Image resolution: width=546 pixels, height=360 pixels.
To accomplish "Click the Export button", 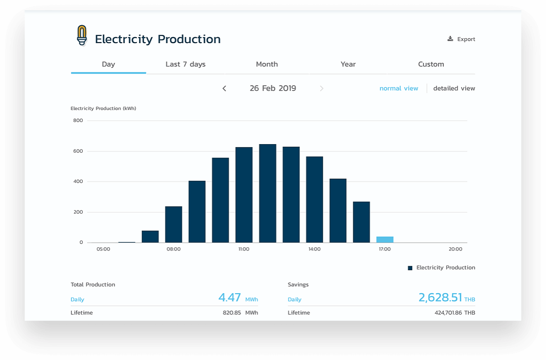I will [461, 39].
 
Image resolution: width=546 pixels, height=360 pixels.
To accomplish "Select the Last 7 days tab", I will [185, 64].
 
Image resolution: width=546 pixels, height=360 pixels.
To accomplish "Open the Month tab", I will [267, 64].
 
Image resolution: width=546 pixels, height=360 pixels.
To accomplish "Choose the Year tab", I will [348, 64].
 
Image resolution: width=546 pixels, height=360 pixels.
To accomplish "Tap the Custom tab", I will [431, 64].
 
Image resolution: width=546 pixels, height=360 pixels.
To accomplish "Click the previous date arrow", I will [225, 88].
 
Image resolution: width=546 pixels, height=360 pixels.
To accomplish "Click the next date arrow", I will [321, 88].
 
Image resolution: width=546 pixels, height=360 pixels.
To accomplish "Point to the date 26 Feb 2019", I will [273, 88].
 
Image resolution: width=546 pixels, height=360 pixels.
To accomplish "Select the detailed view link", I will [454, 88].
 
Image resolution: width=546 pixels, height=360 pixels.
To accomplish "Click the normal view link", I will [399, 88].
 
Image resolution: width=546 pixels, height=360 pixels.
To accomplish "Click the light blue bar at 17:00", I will [385, 239].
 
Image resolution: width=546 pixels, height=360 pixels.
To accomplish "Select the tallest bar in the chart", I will [268, 193].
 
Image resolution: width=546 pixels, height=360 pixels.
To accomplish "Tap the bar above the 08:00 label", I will [174, 224].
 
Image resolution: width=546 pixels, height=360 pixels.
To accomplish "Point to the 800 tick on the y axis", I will [78, 120].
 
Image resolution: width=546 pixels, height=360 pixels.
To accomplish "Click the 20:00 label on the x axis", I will [455, 249].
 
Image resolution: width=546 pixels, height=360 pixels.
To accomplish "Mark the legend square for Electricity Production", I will [410, 268].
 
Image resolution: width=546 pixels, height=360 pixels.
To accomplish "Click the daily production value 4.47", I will [229, 298].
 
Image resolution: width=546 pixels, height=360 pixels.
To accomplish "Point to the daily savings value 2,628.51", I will [440, 298].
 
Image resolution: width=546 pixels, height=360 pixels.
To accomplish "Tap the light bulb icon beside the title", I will [82, 35].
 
